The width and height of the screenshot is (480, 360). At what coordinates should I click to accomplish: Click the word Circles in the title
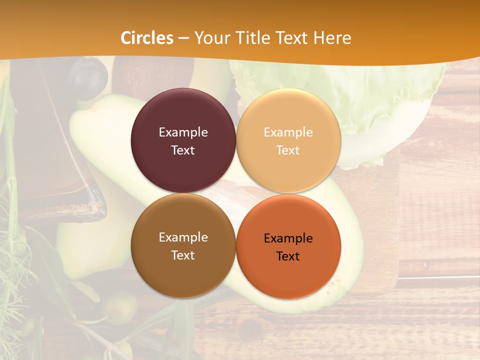coord(147,38)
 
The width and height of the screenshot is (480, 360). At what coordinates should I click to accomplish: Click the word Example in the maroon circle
coord(183,132)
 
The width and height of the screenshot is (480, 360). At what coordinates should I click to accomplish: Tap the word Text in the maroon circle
coord(183,150)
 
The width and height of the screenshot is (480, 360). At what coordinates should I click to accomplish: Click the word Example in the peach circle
coord(288,132)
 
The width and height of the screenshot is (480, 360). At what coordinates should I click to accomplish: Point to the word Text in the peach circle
coord(288,150)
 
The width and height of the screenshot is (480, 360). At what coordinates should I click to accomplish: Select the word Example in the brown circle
coord(183,237)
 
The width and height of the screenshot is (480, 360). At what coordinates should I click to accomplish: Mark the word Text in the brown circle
coord(183,255)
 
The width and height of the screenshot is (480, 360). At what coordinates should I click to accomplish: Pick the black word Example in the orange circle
coord(288,238)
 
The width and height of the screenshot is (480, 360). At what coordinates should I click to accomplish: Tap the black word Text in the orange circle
coord(288,256)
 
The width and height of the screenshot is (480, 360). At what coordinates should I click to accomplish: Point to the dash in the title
coord(183,38)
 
